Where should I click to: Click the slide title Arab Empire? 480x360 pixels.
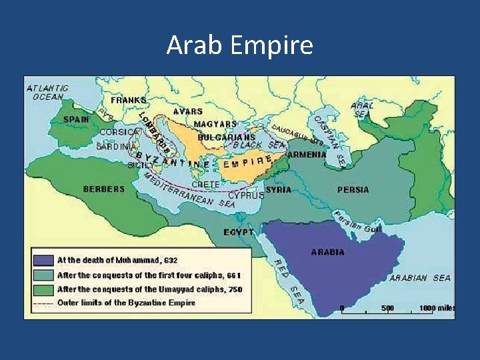click(x=239, y=45)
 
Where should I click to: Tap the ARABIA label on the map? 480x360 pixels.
click(x=327, y=252)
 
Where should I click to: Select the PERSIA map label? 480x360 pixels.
click(x=353, y=189)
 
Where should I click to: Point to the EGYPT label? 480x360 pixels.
click(x=239, y=232)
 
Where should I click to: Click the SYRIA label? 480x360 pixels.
click(x=278, y=189)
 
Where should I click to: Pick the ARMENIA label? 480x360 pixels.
click(x=307, y=154)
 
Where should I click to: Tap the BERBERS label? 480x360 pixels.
click(x=103, y=189)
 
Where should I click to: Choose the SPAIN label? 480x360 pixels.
click(x=75, y=119)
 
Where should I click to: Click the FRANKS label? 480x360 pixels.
click(x=129, y=100)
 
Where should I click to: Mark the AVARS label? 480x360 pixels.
click(x=188, y=111)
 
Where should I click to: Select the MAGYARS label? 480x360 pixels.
click(x=215, y=124)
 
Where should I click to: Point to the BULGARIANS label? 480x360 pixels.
click(x=226, y=137)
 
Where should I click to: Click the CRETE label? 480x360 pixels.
click(x=205, y=184)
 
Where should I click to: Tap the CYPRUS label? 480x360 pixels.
click(x=246, y=195)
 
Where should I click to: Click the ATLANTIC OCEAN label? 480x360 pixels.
click(x=47, y=92)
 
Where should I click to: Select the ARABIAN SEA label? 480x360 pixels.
click(x=420, y=277)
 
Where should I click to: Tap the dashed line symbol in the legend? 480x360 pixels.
click(x=43, y=302)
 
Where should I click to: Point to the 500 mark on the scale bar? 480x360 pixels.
click(x=387, y=308)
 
